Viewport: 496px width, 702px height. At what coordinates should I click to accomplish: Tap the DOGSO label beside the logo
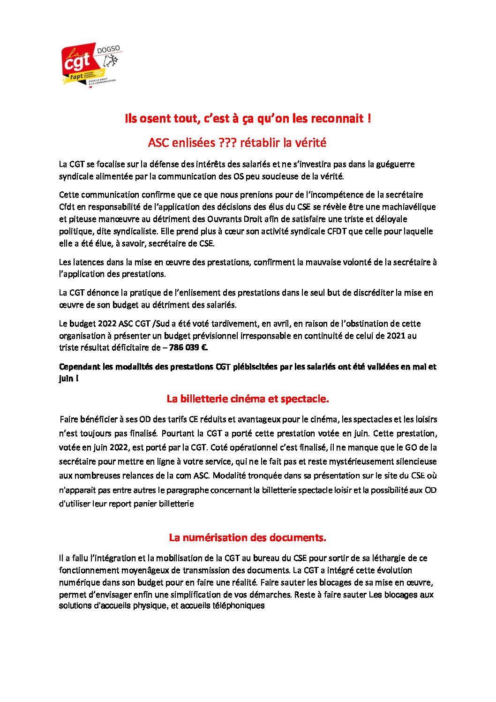click(x=108, y=49)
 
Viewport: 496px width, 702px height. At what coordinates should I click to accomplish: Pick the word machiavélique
click(x=408, y=207)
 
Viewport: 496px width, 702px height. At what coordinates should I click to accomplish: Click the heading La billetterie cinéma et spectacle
click(x=248, y=399)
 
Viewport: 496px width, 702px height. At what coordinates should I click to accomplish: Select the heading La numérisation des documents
click(x=248, y=538)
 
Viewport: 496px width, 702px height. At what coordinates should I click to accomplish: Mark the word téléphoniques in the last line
click(x=239, y=605)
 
